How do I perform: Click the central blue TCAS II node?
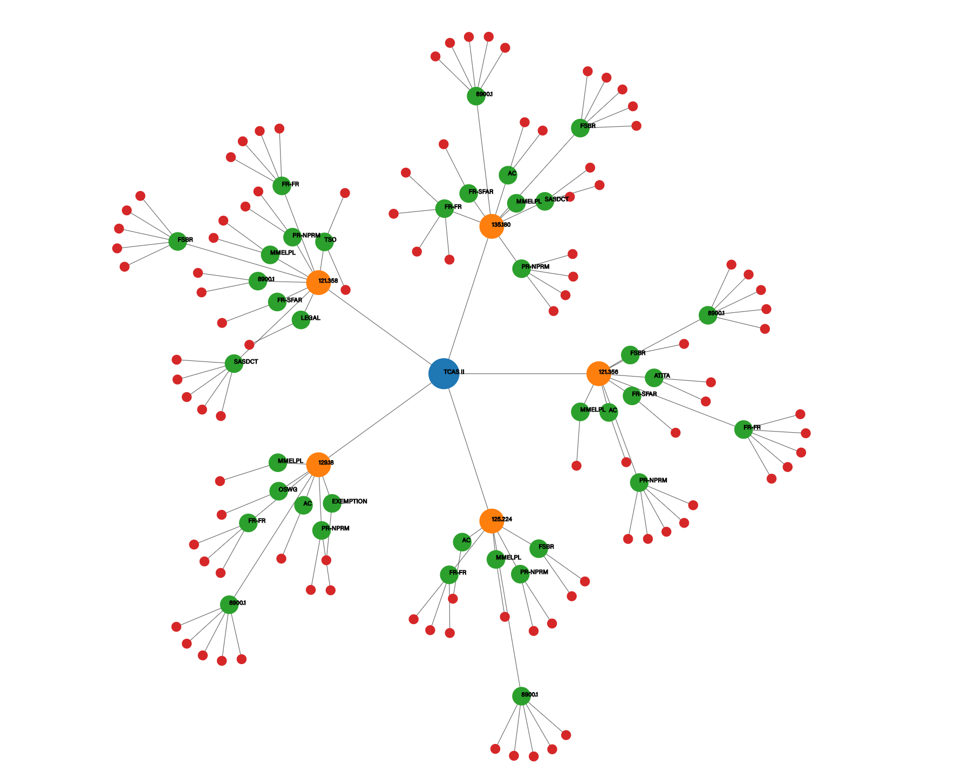point(443,373)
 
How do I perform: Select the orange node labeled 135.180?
point(492,226)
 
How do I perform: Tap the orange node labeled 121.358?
point(318,282)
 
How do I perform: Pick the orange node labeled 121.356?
point(598,373)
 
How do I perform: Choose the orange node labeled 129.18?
point(318,464)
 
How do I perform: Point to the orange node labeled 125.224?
point(492,521)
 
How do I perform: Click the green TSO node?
point(324,242)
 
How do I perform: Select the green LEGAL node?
point(301,319)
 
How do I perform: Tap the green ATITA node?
point(654,378)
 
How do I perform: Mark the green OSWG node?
point(278,491)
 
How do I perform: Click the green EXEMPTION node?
point(332,503)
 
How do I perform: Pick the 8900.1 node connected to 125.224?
point(521,696)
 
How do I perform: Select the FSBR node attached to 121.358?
point(178,241)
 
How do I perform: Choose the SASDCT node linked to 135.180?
point(544,201)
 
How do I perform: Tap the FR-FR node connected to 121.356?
point(743,429)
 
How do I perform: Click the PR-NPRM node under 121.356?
point(639,482)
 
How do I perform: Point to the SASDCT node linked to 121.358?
point(234,363)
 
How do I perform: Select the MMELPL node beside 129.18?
point(278,462)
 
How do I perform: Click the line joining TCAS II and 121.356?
point(523,373)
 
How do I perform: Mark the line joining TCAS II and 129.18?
point(378,421)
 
